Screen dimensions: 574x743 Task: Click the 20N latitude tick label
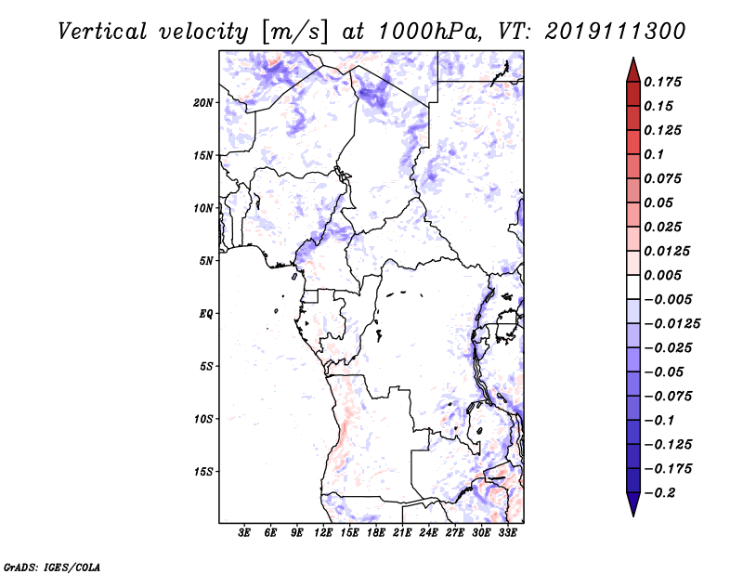click(x=203, y=102)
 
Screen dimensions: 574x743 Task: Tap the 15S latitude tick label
click(x=203, y=472)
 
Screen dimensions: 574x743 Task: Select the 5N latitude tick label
click(x=206, y=261)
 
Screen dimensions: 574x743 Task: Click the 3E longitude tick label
click(x=245, y=533)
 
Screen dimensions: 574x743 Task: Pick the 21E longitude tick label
click(x=402, y=533)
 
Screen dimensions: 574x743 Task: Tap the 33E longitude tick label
click(x=507, y=533)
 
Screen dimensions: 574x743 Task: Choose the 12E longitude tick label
click(x=324, y=533)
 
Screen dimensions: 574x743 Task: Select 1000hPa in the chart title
click(x=421, y=32)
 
